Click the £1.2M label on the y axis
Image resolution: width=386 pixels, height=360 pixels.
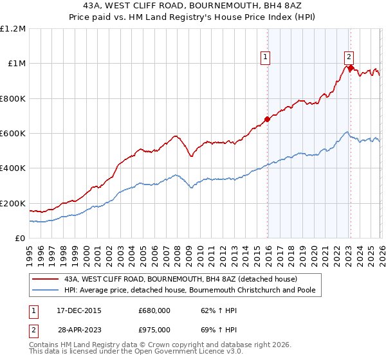click(13, 29)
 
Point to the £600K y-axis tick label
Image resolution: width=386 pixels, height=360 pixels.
click(13, 134)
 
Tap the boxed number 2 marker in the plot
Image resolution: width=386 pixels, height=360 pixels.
click(349, 56)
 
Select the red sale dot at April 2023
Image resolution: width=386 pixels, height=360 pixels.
click(350, 67)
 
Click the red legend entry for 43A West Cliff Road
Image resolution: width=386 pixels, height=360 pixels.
click(180, 280)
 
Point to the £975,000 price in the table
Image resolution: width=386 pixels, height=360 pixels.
click(154, 329)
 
